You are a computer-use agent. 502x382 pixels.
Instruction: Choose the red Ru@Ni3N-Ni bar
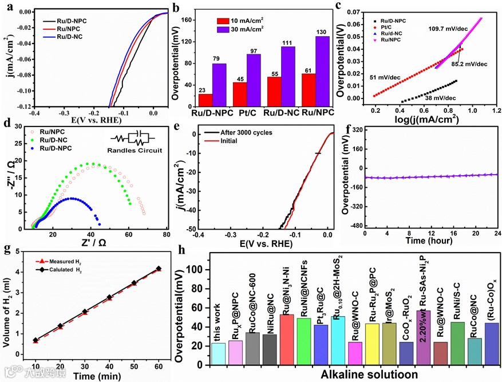(x=287, y=340)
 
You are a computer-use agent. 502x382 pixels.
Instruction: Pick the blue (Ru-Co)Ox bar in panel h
(x=491, y=345)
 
